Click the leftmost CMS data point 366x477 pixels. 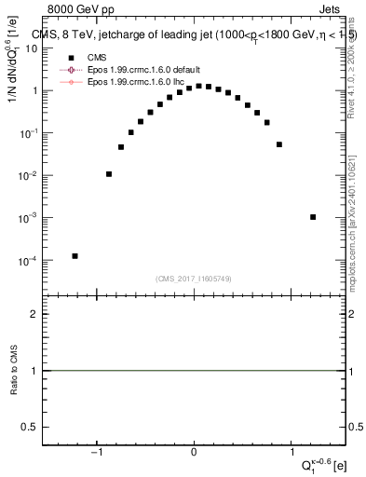(75, 256)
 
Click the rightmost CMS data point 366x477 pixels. (313, 217)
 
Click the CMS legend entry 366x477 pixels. (98, 57)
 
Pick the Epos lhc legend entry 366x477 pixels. (133, 81)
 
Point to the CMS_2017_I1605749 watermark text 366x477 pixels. (194, 278)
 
